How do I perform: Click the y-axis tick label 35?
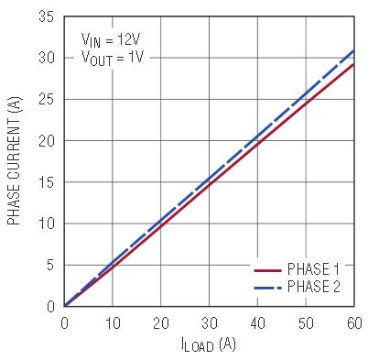point(46,16)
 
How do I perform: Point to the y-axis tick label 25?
point(46,99)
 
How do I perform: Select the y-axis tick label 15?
point(46,182)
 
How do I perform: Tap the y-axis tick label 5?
point(50,266)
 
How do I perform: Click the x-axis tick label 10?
point(113,323)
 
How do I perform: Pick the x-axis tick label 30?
point(210,323)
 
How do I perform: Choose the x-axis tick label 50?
point(306,323)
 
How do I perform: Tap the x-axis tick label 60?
point(354,323)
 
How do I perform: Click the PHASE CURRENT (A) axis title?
point(15,161)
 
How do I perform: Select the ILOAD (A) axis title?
point(209,344)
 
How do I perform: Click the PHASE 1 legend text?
point(313,269)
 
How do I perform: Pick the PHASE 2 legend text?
point(313,287)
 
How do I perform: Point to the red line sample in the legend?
point(267,270)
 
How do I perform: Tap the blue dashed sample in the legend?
point(267,288)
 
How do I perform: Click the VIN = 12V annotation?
point(111,40)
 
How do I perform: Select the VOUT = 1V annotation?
point(113,58)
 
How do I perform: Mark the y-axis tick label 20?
point(46,141)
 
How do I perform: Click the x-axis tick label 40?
point(258,323)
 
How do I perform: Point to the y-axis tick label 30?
point(46,58)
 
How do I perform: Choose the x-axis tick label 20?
point(161,323)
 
